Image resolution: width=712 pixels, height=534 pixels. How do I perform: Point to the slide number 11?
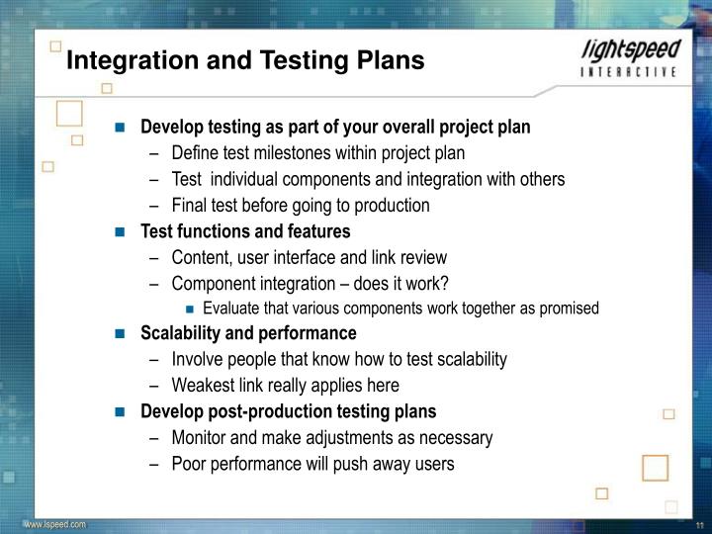point(698,524)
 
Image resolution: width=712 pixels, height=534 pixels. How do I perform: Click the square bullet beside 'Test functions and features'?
point(120,232)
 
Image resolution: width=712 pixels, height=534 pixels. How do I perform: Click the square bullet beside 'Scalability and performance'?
point(120,333)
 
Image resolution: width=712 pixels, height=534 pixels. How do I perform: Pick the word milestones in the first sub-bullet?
point(289,153)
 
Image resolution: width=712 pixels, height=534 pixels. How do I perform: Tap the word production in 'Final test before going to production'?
point(396,206)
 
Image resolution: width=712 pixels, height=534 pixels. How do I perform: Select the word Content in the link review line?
point(200,257)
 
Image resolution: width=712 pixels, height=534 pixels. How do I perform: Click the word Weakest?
point(202,386)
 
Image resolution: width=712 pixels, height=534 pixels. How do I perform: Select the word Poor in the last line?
point(188,463)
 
